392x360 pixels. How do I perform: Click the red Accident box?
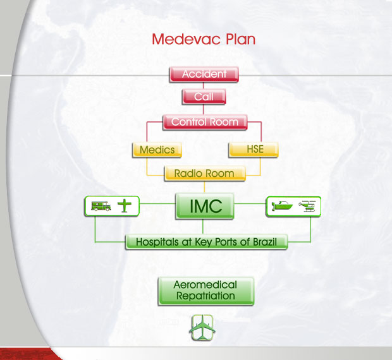pyautogui.click(x=204, y=74)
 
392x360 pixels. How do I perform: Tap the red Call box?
pyautogui.click(x=204, y=97)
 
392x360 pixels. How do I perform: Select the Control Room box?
pyautogui.click(x=205, y=122)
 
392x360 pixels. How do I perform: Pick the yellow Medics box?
pyautogui.click(x=157, y=150)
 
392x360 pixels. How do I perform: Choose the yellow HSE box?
pyautogui.click(x=254, y=149)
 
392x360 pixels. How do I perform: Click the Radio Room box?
pyautogui.click(x=205, y=173)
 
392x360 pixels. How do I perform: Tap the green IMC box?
pyautogui.click(x=205, y=206)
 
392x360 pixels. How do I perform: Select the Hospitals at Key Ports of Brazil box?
pyautogui.click(x=207, y=242)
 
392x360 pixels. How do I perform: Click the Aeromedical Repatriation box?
pyautogui.click(x=206, y=291)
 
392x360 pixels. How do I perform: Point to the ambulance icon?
pyautogui.click(x=101, y=207)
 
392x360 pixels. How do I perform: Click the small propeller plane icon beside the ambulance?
pyautogui.click(x=125, y=206)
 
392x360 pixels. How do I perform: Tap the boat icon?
pyautogui.click(x=282, y=206)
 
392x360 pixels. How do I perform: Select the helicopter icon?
pyautogui.click(x=307, y=207)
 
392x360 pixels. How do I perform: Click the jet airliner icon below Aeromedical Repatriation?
pyautogui.click(x=202, y=328)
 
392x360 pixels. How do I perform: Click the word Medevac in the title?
pyautogui.click(x=187, y=39)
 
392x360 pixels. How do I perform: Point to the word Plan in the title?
pyautogui.click(x=240, y=39)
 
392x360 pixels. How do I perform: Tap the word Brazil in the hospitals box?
pyautogui.click(x=265, y=242)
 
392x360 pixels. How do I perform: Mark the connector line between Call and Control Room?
pyautogui.click(x=204, y=109)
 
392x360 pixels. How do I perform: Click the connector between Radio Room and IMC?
pyautogui.click(x=204, y=187)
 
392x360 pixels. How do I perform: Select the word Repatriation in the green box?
pyautogui.click(x=205, y=296)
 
